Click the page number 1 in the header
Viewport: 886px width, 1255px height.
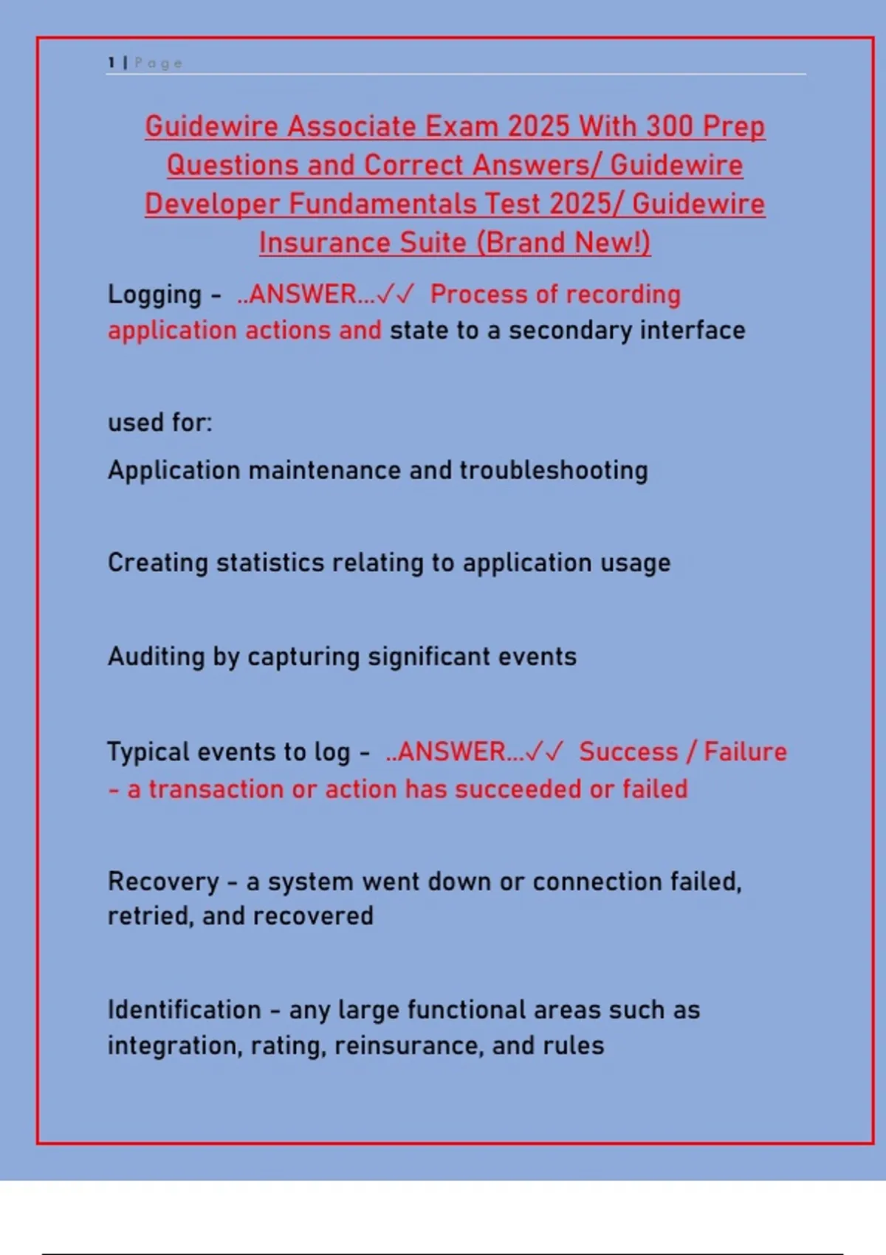[111, 63]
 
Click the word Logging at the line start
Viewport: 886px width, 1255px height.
[154, 295]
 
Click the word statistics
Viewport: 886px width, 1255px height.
[270, 563]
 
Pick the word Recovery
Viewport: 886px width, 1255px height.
[163, 881]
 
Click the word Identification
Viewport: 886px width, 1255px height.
[184, 1010]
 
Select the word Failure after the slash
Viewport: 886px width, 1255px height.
[745, 752]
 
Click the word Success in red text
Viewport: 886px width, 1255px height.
[628, 752]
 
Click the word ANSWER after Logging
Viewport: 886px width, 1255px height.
[303, 295]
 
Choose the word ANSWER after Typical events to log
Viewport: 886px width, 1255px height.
[451, 752]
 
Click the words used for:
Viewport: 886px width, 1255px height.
[159, 422]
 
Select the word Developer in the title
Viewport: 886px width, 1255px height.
[212, 204]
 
